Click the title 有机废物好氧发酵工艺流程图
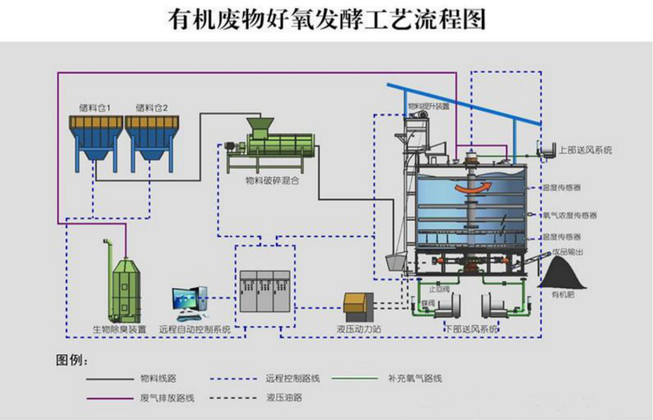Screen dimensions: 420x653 pos(327,20)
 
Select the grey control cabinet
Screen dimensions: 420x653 pos(264,292)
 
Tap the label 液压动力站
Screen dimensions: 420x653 pos(359,330)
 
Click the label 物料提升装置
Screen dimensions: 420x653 pos(428,106)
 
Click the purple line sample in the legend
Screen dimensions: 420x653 pos(109,397)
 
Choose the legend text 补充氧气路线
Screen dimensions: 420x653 pos(414,378)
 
